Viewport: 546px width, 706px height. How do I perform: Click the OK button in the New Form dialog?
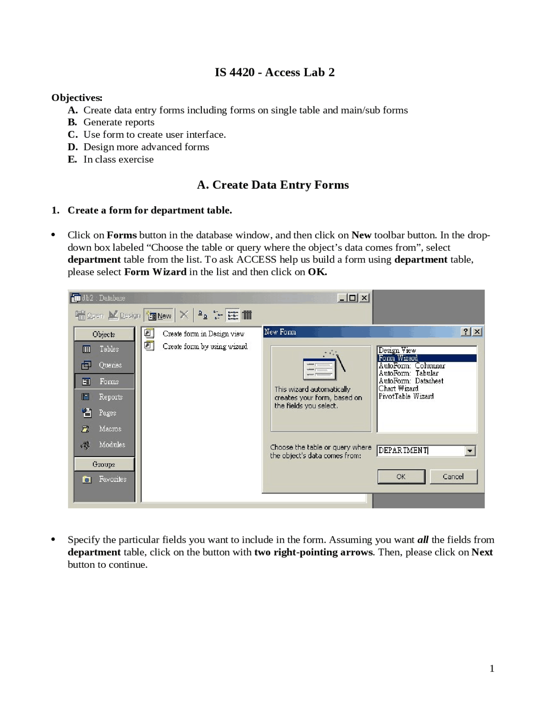tap(401, 477)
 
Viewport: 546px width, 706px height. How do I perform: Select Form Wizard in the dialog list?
tap(398, 358)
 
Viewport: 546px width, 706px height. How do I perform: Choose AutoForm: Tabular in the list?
tap(408, 373)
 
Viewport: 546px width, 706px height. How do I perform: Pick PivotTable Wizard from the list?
tap(406, 396)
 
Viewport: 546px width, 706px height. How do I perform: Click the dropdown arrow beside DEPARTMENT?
tap(470, 451)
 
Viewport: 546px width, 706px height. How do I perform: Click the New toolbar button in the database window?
tap(159, 315)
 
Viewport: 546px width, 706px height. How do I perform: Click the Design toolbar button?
tap(125, 315)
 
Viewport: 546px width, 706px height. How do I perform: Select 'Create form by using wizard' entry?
tap(205, 346)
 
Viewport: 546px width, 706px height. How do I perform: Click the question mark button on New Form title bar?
tap(466, 332)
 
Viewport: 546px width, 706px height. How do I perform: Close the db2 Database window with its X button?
tap(364, 298)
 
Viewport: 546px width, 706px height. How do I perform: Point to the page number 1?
tap(492, 668)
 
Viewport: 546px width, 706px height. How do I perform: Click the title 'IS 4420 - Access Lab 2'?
tap(274, 72)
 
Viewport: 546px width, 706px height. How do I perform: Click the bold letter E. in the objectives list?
tap(73, 159)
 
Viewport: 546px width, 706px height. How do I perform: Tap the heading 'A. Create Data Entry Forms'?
tap(273, 185)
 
